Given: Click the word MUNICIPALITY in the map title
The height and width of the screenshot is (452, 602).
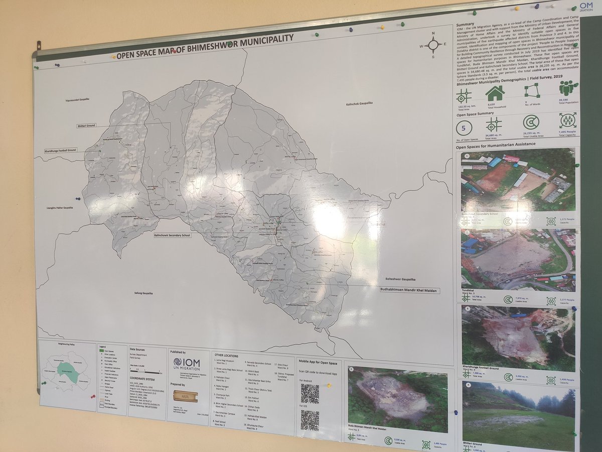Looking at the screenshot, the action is click(262, 42).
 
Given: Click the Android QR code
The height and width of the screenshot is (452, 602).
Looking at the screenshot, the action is click(310, 394).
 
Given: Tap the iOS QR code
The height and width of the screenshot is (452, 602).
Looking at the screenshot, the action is click(310, 420).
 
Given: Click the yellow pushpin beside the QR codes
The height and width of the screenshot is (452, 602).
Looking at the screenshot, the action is click(329, 386).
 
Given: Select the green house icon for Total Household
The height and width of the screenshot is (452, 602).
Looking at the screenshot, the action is click(495, 93).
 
